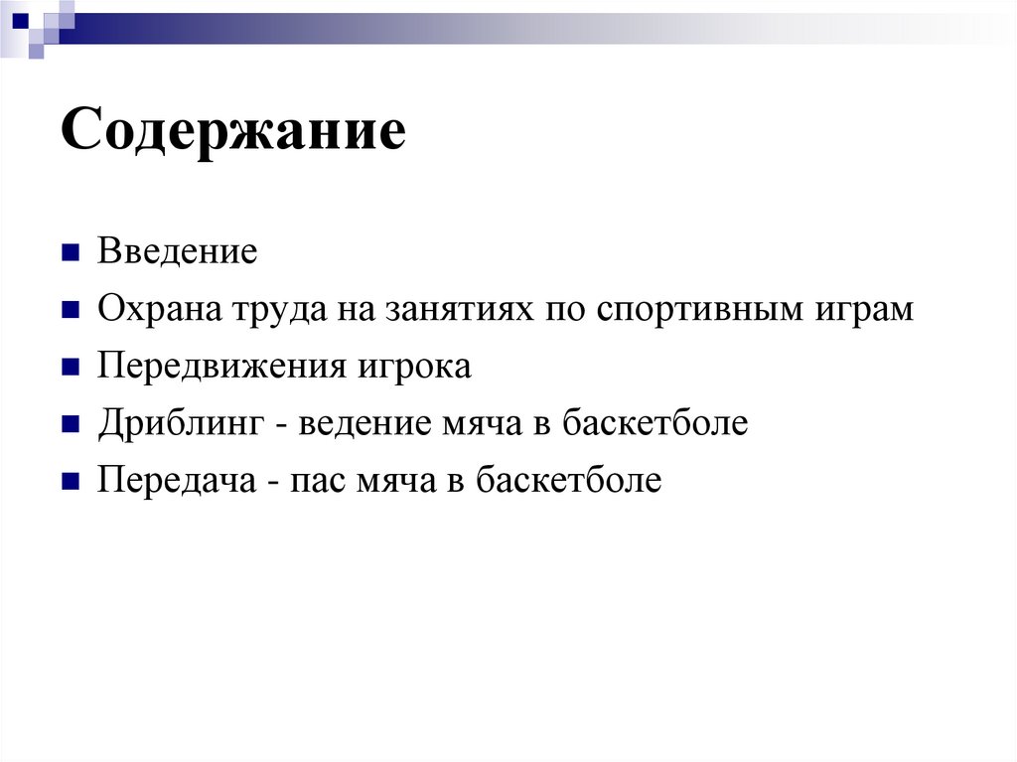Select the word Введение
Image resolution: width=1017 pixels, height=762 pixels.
click(177, 251)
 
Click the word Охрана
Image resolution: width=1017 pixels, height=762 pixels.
click(158, 309)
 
